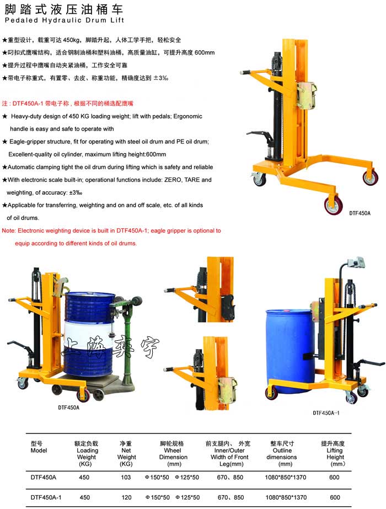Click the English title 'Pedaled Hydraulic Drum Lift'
click(x=65, y=20)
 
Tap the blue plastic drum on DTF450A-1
click(x=290, y=351)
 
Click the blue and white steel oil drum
click(x=89, y=334)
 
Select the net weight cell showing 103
click(x=126, y=477)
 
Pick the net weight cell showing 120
click(x=126, y=497)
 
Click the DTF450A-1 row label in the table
click(x=46, y=497)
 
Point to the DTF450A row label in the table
click(x=43, y=477)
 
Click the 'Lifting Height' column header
click(x=333, y=453)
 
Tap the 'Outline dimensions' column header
click(x=282, y=453)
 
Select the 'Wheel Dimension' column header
click(x=173, y=453)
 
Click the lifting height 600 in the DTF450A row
click(x=334, y=477)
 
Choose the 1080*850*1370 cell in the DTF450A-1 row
click(x=286, y=497)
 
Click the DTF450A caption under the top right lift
click(x=360, y=213)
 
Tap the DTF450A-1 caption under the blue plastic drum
click(x=326, y=413)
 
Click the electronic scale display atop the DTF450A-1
click(x=356, y=263)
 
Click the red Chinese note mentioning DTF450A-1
click(x=67, y=104)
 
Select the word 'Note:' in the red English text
click(x=9, y=231)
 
